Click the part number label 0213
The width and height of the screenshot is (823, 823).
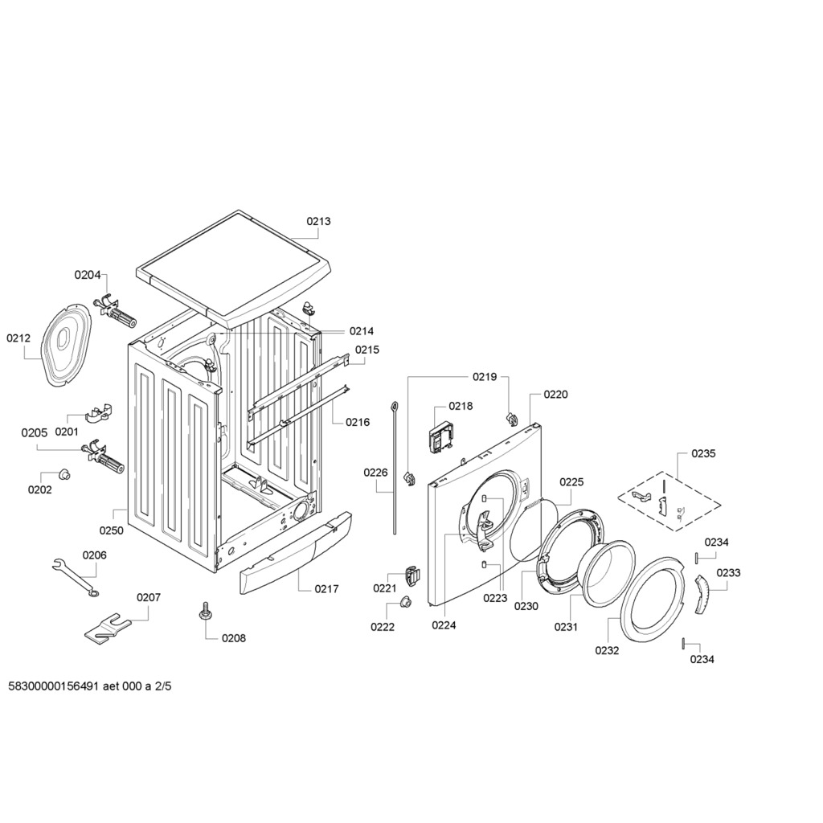(x=318, y=221)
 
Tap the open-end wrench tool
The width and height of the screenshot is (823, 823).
(x=76, y=578)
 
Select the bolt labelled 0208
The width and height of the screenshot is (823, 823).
(x=204, y=612)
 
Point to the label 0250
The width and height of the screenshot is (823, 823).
(x=111, y=530)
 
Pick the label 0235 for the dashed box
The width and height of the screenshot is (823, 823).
(x=703, y=453)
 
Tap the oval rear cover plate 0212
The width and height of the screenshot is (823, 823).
(x=65, y=346)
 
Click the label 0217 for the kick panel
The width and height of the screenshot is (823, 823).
(x=326, y=589)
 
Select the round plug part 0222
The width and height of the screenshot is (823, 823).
(x=404, y=601)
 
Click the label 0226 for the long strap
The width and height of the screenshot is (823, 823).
(x=376, y=473)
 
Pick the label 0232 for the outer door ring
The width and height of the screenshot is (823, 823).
(x=608, y=650)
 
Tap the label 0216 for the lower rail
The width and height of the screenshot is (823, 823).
(x=358, y=422)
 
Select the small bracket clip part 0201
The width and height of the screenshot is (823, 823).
(x=99, y=412)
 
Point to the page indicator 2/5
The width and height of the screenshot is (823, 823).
(x=162, y=686)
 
